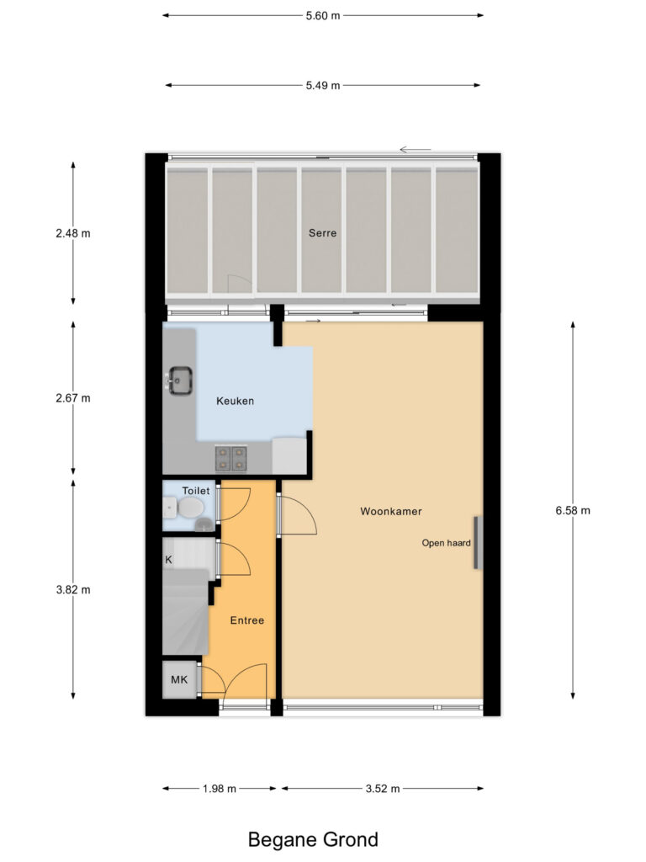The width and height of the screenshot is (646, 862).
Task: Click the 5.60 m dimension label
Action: (x=324, y=15)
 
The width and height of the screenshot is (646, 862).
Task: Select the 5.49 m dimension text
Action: (x=324, y=85)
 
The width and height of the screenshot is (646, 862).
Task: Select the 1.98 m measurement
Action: (x=220, y=789)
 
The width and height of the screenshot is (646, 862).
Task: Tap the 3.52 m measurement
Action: (x=383, y=789)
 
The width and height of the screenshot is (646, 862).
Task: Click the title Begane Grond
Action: (x=313, y=839)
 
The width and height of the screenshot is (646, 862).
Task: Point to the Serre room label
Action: (x=322, y=233)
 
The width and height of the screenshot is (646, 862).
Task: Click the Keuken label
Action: (x=235, y=401)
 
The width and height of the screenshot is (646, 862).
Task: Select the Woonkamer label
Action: (x=391, y=511)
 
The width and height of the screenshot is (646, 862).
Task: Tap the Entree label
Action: (x=247, y=620)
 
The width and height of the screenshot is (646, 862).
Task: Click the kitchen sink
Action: (x=179, y=380)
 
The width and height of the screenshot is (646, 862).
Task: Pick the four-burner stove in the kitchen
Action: (x=231, y=457)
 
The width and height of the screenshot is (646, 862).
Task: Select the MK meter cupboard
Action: (x=179, y=680)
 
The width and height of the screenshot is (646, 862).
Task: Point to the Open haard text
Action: (x=446, y=543)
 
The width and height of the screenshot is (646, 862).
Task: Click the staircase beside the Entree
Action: (x=184, y=610)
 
